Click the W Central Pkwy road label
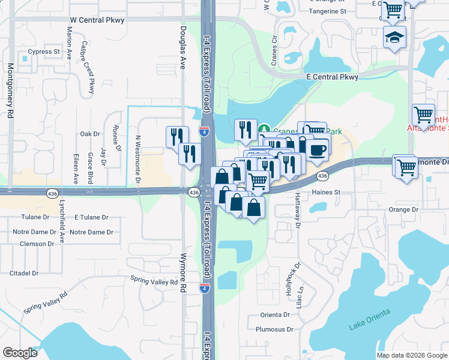click(97, 20)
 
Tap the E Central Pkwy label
click(332, 77)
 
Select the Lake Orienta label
click(370, 319)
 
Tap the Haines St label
click(326, 193)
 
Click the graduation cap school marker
click(394, 38)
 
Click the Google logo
click(20, 353)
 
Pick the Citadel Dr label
click(24, 273)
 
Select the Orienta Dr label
click(276, 315)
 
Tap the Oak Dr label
click(89, 134)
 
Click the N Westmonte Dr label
click(137, 158)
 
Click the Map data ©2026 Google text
click(411, 355)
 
